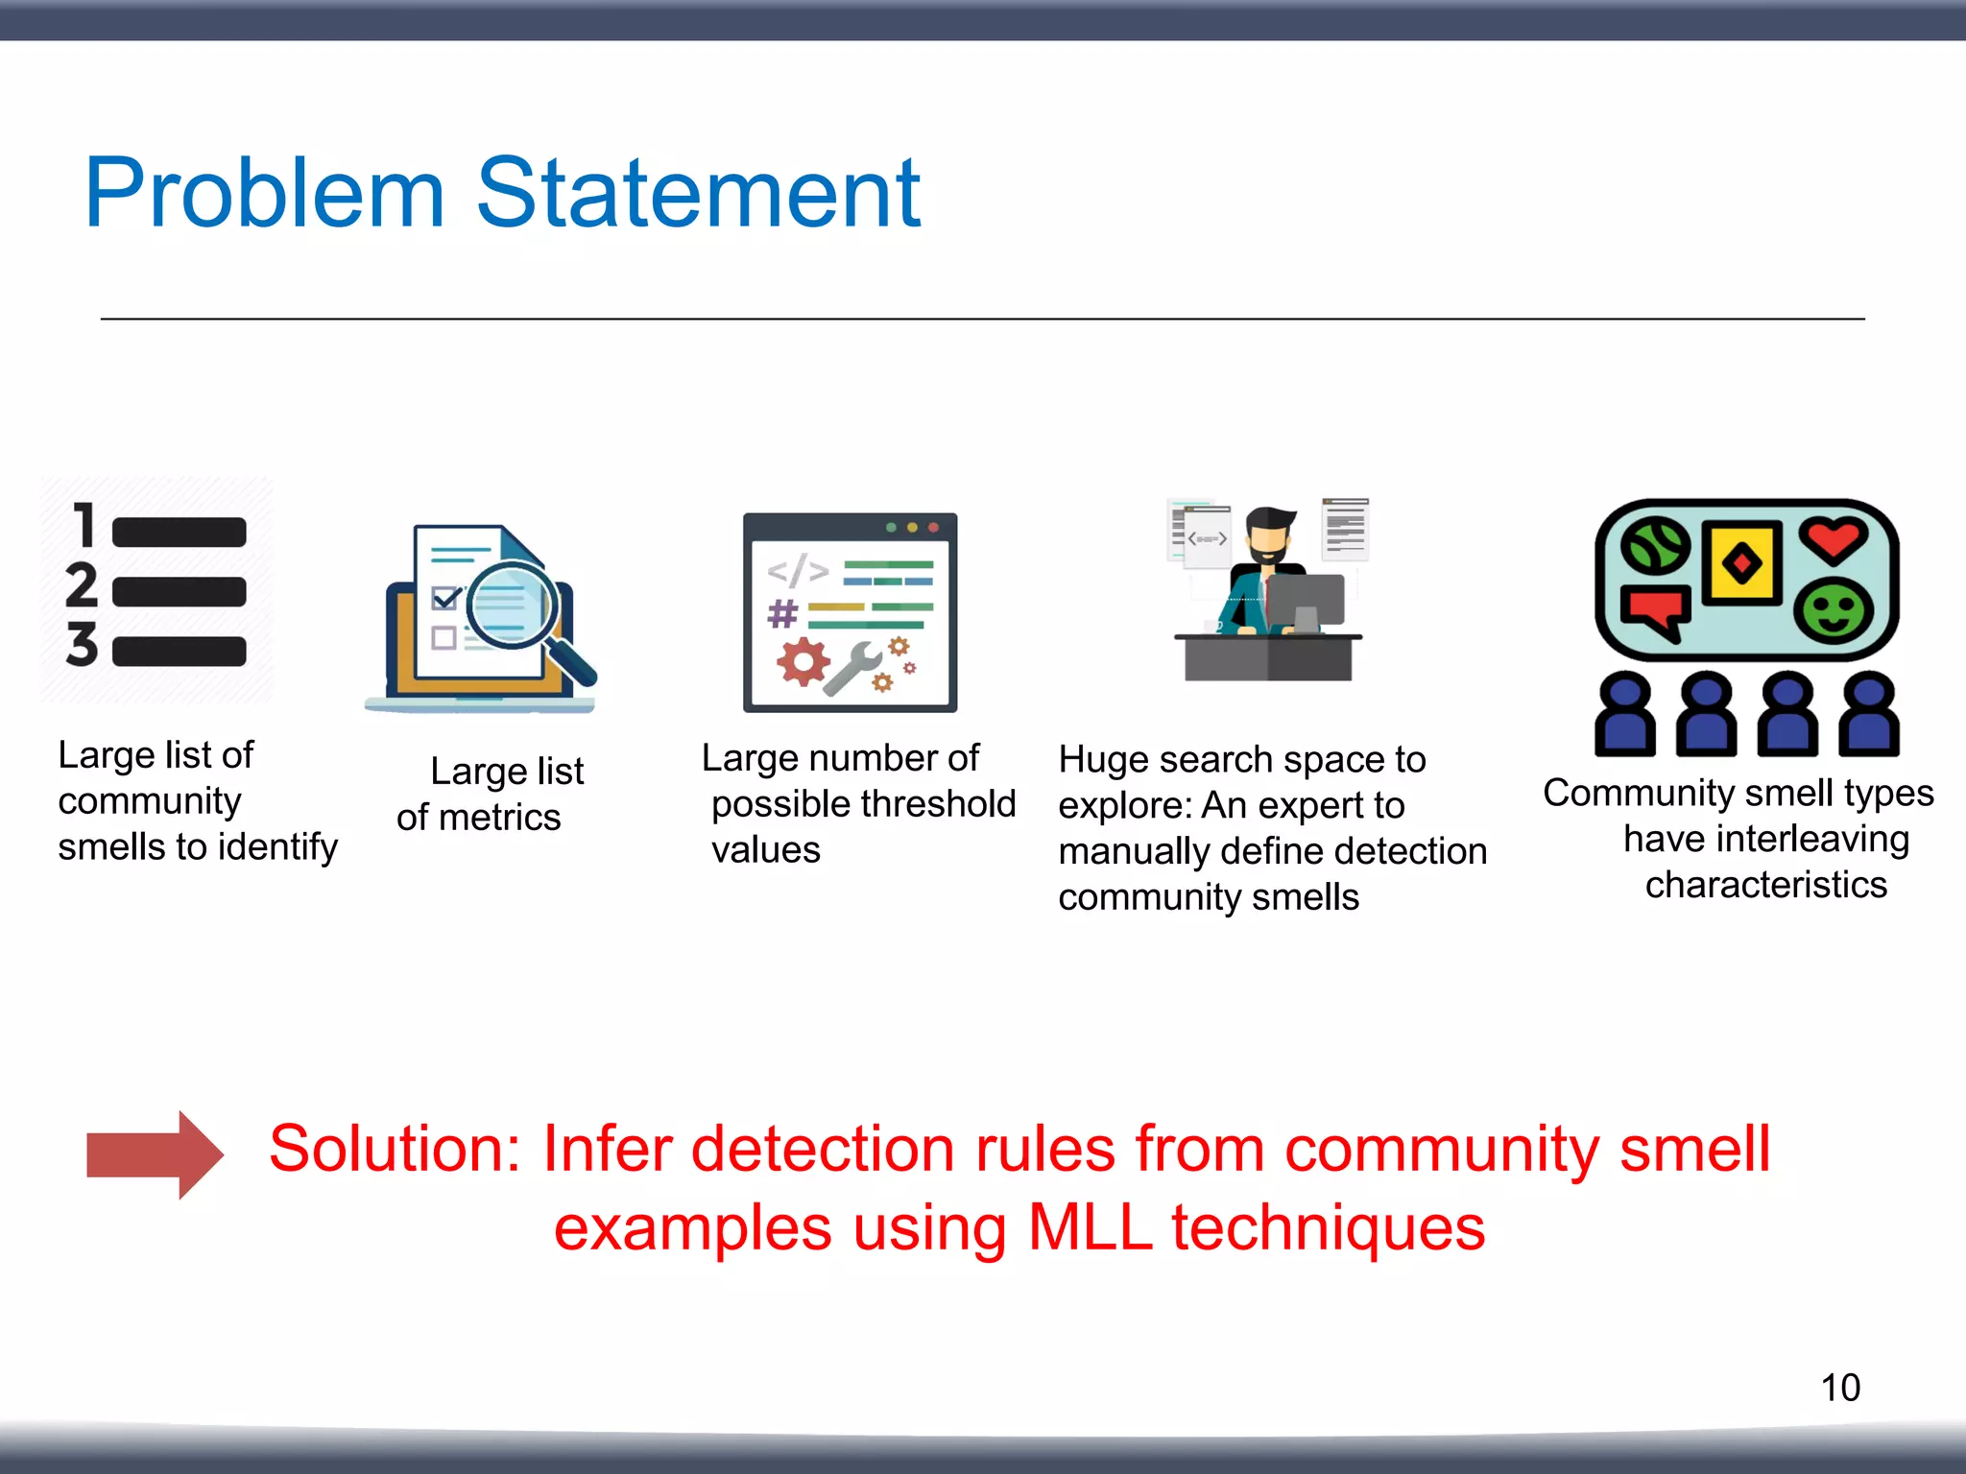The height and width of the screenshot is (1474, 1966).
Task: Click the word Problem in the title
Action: tap(264, 195)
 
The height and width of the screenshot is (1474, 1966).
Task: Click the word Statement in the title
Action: tap(698, 195)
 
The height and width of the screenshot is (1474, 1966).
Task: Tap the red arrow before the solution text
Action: tap(155, 1154)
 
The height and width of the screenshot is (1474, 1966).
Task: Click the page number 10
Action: tap(1839, 1388)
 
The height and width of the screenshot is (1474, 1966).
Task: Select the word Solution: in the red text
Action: tap(395, 1149)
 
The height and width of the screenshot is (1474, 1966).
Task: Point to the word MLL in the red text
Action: tap(1089, 1228)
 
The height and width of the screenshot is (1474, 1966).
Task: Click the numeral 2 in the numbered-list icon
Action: tap(82, 585)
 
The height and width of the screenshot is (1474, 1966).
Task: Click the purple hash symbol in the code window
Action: tap(782, 613)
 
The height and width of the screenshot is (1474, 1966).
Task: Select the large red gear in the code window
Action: tap(803, 661)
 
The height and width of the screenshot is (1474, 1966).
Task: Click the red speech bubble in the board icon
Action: tap(1655, 611)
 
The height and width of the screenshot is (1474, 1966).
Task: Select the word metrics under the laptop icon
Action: tap(499, 818)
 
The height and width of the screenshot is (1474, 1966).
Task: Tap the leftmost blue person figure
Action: tap(1624, 716)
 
